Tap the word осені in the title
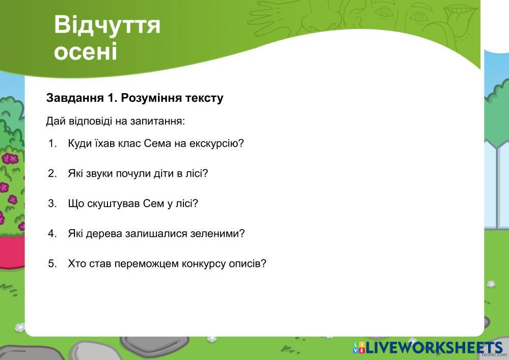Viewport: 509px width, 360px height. pyautogui.click(x=86, y=51)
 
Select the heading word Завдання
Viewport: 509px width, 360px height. pyautogui.click(x=75, y=98)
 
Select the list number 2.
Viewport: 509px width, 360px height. pyautogui.click(x=52, y=173)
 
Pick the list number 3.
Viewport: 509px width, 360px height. pyautogui.click(x=52, y=203)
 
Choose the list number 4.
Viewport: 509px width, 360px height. pyautogui.click(x=52, y=234)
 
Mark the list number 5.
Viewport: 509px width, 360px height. pyautogui.click(x=52, y=263)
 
